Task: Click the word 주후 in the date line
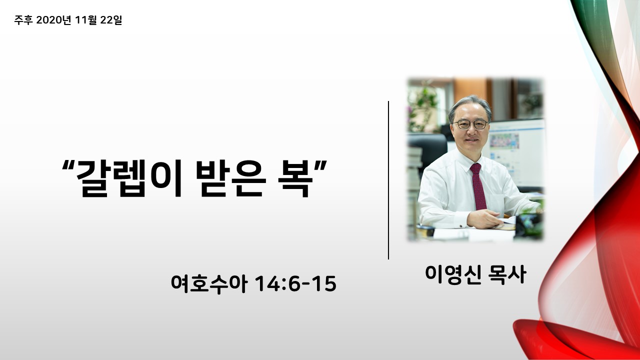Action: tap(23, 20)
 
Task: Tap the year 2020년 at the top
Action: tap(53, 20)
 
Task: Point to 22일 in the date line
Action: tap(111, 20)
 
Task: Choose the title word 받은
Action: tap(231, 178)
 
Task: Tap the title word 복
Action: tap(295, 178)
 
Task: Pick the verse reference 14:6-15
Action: tap(295, 283)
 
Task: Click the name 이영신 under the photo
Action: tap(453, 274)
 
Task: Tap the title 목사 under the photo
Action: tap(507, 274)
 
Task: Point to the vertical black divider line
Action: tap(388, 180)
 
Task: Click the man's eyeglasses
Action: tap(470, 124)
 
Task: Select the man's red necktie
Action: tap(478, 186)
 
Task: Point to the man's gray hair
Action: tap(469, 106)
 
